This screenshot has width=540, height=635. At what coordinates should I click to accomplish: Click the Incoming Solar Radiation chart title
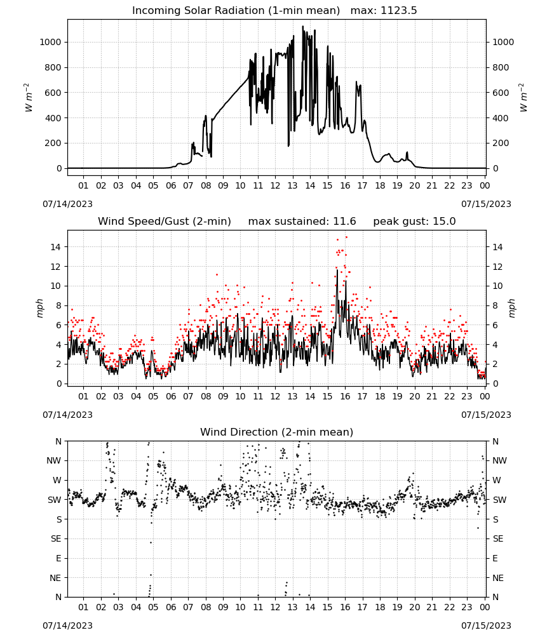[x=236, y=11]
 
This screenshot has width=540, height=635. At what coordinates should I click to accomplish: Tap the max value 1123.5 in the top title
[x=398, y=11]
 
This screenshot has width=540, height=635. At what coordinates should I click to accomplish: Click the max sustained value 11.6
[x=344, y=222]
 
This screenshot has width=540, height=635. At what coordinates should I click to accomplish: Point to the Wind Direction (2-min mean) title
[x=277, y=432]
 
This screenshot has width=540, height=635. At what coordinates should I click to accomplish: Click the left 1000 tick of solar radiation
[x=50, y=42]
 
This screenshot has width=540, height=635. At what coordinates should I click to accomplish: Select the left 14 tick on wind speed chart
[x=56, y=247]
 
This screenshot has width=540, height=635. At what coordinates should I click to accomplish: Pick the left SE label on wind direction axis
[x=56, y=539]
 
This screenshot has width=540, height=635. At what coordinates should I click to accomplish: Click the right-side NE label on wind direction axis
[x=498, y=578]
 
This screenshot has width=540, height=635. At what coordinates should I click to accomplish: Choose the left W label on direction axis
[x=57, y=480]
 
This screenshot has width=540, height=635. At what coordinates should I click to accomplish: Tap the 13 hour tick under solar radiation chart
[x=292, y=185]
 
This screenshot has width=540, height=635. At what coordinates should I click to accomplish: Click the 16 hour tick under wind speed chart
[x=345, y=396]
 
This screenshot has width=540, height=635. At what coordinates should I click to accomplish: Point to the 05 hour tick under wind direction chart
[x=153, y=607]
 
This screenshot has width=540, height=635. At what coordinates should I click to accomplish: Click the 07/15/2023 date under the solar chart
[x=486, y=204]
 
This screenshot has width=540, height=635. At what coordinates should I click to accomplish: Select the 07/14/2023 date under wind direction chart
[x=67, y=625]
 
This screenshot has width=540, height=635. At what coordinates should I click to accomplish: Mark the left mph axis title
[x=39, y=308]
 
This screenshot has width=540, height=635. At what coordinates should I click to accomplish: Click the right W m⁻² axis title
[x=523, y=98]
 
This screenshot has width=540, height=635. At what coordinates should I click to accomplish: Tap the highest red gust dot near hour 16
[x=346, y=237]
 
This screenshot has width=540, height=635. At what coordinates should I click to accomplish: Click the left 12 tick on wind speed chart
[x=56, y=267]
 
